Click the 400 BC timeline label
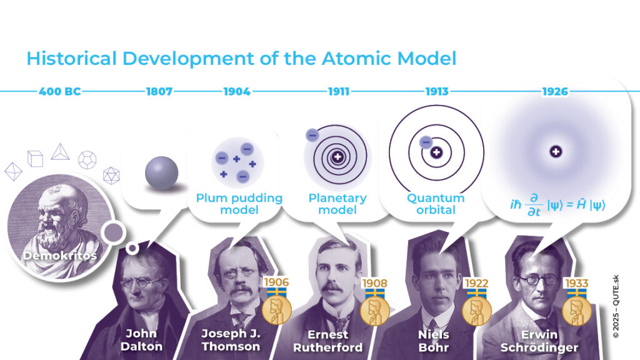[x=59, y=91]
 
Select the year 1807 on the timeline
[x=159, y=91]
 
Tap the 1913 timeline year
[x=437, y=91]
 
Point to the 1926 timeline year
[x=555, y=91]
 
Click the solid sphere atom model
[x=162, y=173]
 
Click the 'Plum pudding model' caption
[x=239, y=204]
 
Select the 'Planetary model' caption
[x=337, y=204]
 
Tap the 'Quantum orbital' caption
[x=436, y=204]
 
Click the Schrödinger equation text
[x=557, y=204]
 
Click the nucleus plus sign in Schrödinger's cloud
[x=556, y=152]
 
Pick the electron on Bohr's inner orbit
[x=426, y=142]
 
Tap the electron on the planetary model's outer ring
[x=312, y=135]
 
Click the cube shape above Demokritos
[x=35, y=158]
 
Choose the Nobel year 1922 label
[x=476, y=283]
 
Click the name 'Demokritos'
[x=60, y=256]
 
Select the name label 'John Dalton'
[x=142, y=340]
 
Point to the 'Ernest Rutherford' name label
[x=327, y=341]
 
